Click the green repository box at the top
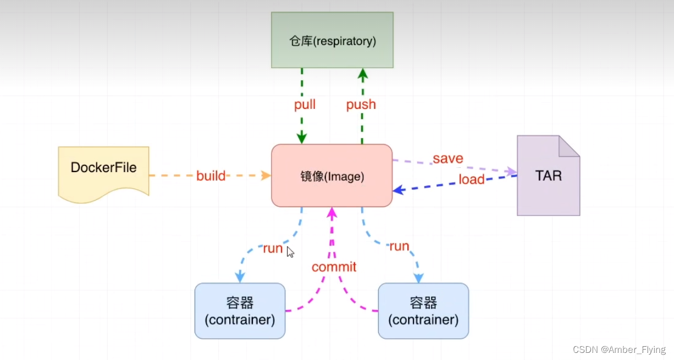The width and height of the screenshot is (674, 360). pyautogui.click(x=332, y=40)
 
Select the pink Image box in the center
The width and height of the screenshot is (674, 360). pyautogui.click(x=332, y=176)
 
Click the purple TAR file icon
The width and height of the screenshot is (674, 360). pyautogui.click(x=548, y=176)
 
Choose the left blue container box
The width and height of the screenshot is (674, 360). pyautogui.click(x=240, y=311)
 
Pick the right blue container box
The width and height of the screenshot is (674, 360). pyautogui.click(x=423, y=311)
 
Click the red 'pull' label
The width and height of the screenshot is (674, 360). pyautogui.click(x=305, y=104)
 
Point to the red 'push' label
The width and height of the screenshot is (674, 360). pyautogui.click(x=361, y=104)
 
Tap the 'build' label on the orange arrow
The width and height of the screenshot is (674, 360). pyautogui.click(x=211, y=176)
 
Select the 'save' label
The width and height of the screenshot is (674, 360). pyautogui.click(x=448, y=159)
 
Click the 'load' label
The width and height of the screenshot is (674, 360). pyautogui.click(x=472, y=179)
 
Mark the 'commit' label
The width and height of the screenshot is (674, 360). pyautogui.click(x=334, y=267)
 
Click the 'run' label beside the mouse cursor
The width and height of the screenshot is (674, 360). pyautogui.click(x=273, y=248)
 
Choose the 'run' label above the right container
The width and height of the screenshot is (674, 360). pyautogui.click(x=399, y=246)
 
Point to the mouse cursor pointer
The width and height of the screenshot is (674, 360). pyautogui.click(x=290, y=252)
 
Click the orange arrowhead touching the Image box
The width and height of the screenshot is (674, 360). pyautogui.click(x=267, y=175)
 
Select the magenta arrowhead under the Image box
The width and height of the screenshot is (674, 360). pyautogui.click(x=332, y=212)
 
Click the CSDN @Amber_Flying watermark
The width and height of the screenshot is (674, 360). pyautogui.click(x=618, y=350)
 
